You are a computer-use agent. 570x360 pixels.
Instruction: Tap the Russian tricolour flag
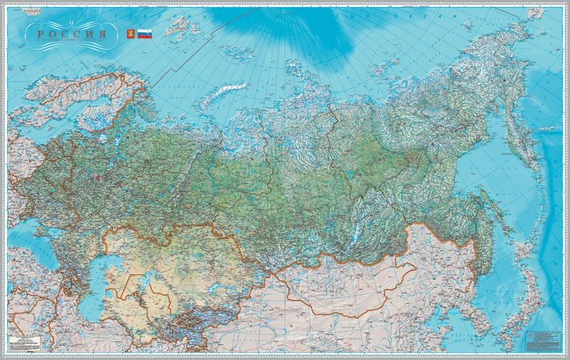point(144,33)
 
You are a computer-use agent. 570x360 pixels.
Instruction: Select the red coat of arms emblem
point(130,33)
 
